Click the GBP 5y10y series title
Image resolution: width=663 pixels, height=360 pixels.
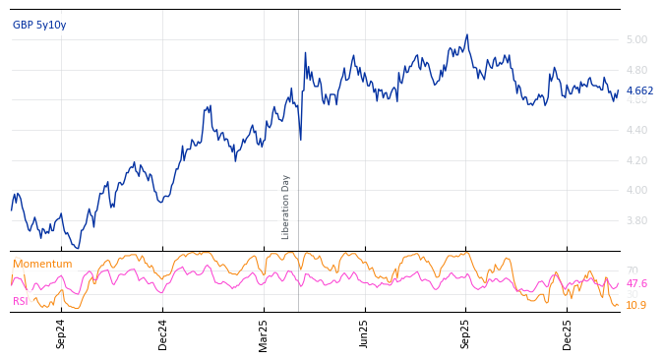coord(39,25)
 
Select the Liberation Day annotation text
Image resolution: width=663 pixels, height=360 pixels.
coord(286,207)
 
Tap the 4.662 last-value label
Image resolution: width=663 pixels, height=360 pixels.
coord(639,91)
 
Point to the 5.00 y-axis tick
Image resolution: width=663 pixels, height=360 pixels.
coord(636,40)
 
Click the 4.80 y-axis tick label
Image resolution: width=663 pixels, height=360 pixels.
coord(636,71)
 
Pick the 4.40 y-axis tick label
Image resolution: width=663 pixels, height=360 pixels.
coord(636,131)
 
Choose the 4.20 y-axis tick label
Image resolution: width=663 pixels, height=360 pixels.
coord(636,161)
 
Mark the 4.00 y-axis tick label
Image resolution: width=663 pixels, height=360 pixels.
coord(636,191)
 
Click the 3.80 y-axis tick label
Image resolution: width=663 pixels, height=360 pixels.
coord(636,221)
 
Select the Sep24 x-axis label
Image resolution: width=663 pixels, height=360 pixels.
coord(61,333)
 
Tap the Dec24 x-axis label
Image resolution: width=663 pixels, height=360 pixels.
coord(163,333)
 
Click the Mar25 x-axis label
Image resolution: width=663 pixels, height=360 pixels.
coord(264,333)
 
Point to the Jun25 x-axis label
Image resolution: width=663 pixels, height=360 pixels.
coord(364,333)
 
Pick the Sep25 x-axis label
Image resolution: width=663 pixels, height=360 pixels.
coord(465,333)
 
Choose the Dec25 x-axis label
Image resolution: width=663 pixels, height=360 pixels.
coord(568,333)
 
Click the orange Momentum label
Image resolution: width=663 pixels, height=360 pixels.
coord(42,265)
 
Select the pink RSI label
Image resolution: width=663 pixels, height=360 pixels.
coord(21,302)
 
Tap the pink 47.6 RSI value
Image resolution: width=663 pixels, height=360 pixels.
coord(636,284)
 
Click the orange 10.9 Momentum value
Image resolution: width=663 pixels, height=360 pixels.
coord(636,306)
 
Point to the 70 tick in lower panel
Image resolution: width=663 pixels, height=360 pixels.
coord(633,271)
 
